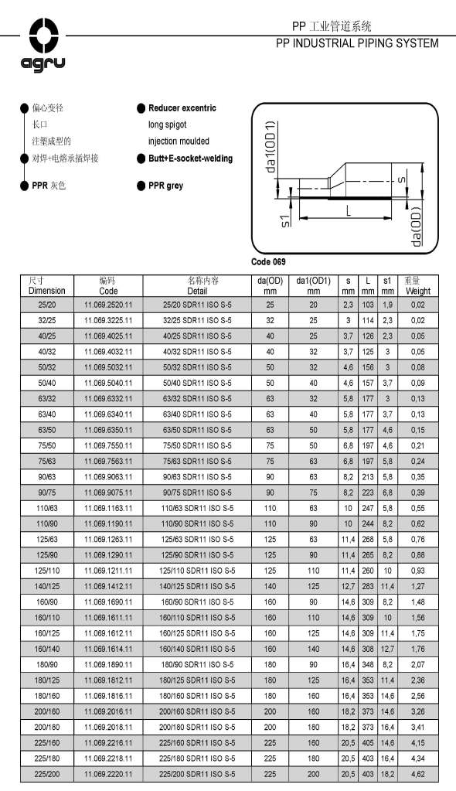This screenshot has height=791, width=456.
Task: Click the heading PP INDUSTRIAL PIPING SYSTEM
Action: tap(357, 43)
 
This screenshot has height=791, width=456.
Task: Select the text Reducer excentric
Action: tap(182, 108)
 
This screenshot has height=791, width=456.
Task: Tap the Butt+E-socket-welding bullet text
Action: tap(190, 159)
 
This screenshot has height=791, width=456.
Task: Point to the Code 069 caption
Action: tap(268, 261)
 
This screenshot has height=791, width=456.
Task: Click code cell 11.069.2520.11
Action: tap(109, 306)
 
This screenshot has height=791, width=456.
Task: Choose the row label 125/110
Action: tap(47, 571)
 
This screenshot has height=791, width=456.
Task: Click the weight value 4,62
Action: tap(418, 774)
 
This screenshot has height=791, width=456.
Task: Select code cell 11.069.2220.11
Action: tap(109, 774)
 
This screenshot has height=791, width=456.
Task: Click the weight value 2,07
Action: tap(418, 664)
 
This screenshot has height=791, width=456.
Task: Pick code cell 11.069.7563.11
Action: tap(109, 461)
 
